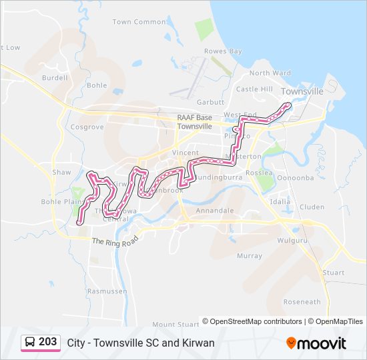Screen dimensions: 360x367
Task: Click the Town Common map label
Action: point(139,22)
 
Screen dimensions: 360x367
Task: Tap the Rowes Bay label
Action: point(223,51)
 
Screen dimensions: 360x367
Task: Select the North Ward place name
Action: point(270,73)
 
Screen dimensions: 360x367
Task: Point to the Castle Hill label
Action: point(254,89)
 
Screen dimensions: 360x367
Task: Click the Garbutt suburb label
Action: point(210,102)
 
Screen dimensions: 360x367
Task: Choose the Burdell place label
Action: point(55,78)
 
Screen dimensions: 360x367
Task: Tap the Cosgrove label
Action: point(87,127)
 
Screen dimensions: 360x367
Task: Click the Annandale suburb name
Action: point(215,211)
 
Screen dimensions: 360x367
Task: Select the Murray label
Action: point(250,256)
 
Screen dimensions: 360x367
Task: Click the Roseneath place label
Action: point(302,302)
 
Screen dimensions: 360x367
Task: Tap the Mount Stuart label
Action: point(175,325)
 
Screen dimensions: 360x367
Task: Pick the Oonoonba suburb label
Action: point(295,178)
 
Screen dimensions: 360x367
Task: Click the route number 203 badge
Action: point(47,342)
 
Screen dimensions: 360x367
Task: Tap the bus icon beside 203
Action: point(30,343)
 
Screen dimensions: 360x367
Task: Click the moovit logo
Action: point(316,343)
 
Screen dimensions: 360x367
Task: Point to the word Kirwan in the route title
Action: point(199,343)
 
